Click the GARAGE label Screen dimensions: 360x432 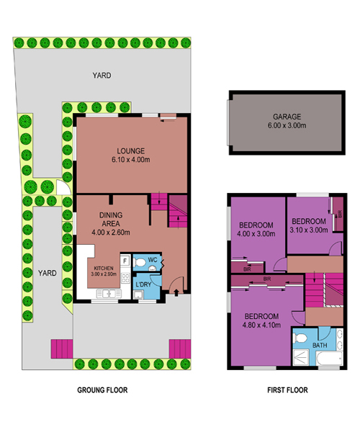287,117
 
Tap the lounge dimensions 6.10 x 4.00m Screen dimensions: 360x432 131,160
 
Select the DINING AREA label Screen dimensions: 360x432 111,220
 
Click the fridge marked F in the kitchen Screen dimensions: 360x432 125,261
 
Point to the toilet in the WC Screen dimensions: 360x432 140,263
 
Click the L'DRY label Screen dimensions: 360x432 143,284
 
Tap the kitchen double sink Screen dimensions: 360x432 109,294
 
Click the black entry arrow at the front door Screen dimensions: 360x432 176,292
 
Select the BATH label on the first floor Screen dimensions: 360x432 320,345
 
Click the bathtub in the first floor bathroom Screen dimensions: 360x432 330,359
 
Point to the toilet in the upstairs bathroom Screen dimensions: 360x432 300,338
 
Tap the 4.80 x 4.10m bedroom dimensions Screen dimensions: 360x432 261,325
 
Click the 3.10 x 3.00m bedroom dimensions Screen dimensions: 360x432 309,230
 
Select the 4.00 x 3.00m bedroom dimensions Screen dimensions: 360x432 256,234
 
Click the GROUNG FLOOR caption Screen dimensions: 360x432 102,390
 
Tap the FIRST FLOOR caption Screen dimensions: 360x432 287,390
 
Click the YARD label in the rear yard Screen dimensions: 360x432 102,75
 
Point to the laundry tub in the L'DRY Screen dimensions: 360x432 138,294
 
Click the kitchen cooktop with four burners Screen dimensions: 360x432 125,278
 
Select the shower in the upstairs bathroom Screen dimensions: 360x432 300,357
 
